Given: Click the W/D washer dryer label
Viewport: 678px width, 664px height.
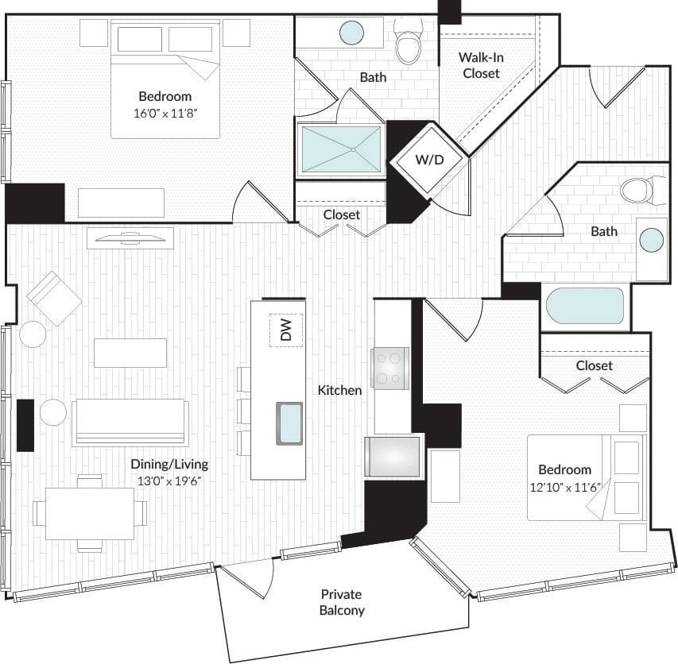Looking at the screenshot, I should [429, 160].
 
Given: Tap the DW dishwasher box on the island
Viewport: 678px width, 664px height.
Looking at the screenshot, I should [286, 330].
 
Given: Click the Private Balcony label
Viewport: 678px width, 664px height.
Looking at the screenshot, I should [342, 602].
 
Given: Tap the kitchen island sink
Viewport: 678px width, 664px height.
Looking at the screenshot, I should [289, 423].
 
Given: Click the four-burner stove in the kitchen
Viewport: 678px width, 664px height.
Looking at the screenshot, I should [389, 369].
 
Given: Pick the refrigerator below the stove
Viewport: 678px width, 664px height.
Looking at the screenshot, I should [392, 457].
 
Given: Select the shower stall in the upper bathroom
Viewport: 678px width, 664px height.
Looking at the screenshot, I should [341, 149].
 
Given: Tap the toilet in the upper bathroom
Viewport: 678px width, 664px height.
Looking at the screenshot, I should [409, 47].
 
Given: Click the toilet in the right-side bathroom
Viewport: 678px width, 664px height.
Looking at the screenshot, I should [637, 190].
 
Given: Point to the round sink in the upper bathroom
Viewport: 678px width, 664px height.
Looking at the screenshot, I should [351, 33].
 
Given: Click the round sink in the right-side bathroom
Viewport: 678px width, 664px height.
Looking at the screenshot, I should [652, 240].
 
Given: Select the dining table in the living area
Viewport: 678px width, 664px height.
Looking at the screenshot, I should [90, 513].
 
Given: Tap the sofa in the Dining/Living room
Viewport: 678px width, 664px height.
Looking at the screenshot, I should [130, 421].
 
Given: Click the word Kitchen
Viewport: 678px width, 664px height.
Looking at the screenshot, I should [339, 390].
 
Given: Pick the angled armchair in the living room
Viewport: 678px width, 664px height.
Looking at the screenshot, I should [53, 298].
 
